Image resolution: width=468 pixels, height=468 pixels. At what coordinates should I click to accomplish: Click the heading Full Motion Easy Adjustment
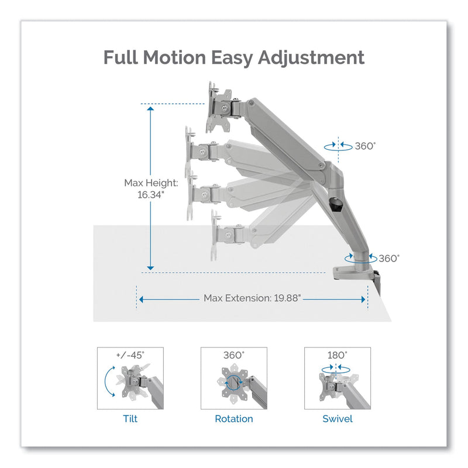click(x=234, y=58)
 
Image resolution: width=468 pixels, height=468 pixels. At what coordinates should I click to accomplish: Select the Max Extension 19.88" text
click(x=252, y=298)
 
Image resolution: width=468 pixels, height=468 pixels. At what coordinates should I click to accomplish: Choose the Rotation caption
click(x=233, y=418)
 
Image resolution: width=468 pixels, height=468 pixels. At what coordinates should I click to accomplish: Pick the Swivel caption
click(x=338, y=418)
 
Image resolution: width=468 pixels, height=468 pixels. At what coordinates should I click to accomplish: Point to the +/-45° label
click(x=130, y=355)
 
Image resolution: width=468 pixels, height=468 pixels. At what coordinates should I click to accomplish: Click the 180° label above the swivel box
click(x=338, y=355)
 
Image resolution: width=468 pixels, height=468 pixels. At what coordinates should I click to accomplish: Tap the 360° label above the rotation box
click(x=234, y=355)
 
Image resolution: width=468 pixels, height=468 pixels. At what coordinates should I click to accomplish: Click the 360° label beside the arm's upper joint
click(x=364, y=146)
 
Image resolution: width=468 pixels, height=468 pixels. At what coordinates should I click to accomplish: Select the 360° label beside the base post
click(x=389, y=257)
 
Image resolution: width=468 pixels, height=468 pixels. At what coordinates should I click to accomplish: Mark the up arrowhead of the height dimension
click(x=150, y=108)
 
